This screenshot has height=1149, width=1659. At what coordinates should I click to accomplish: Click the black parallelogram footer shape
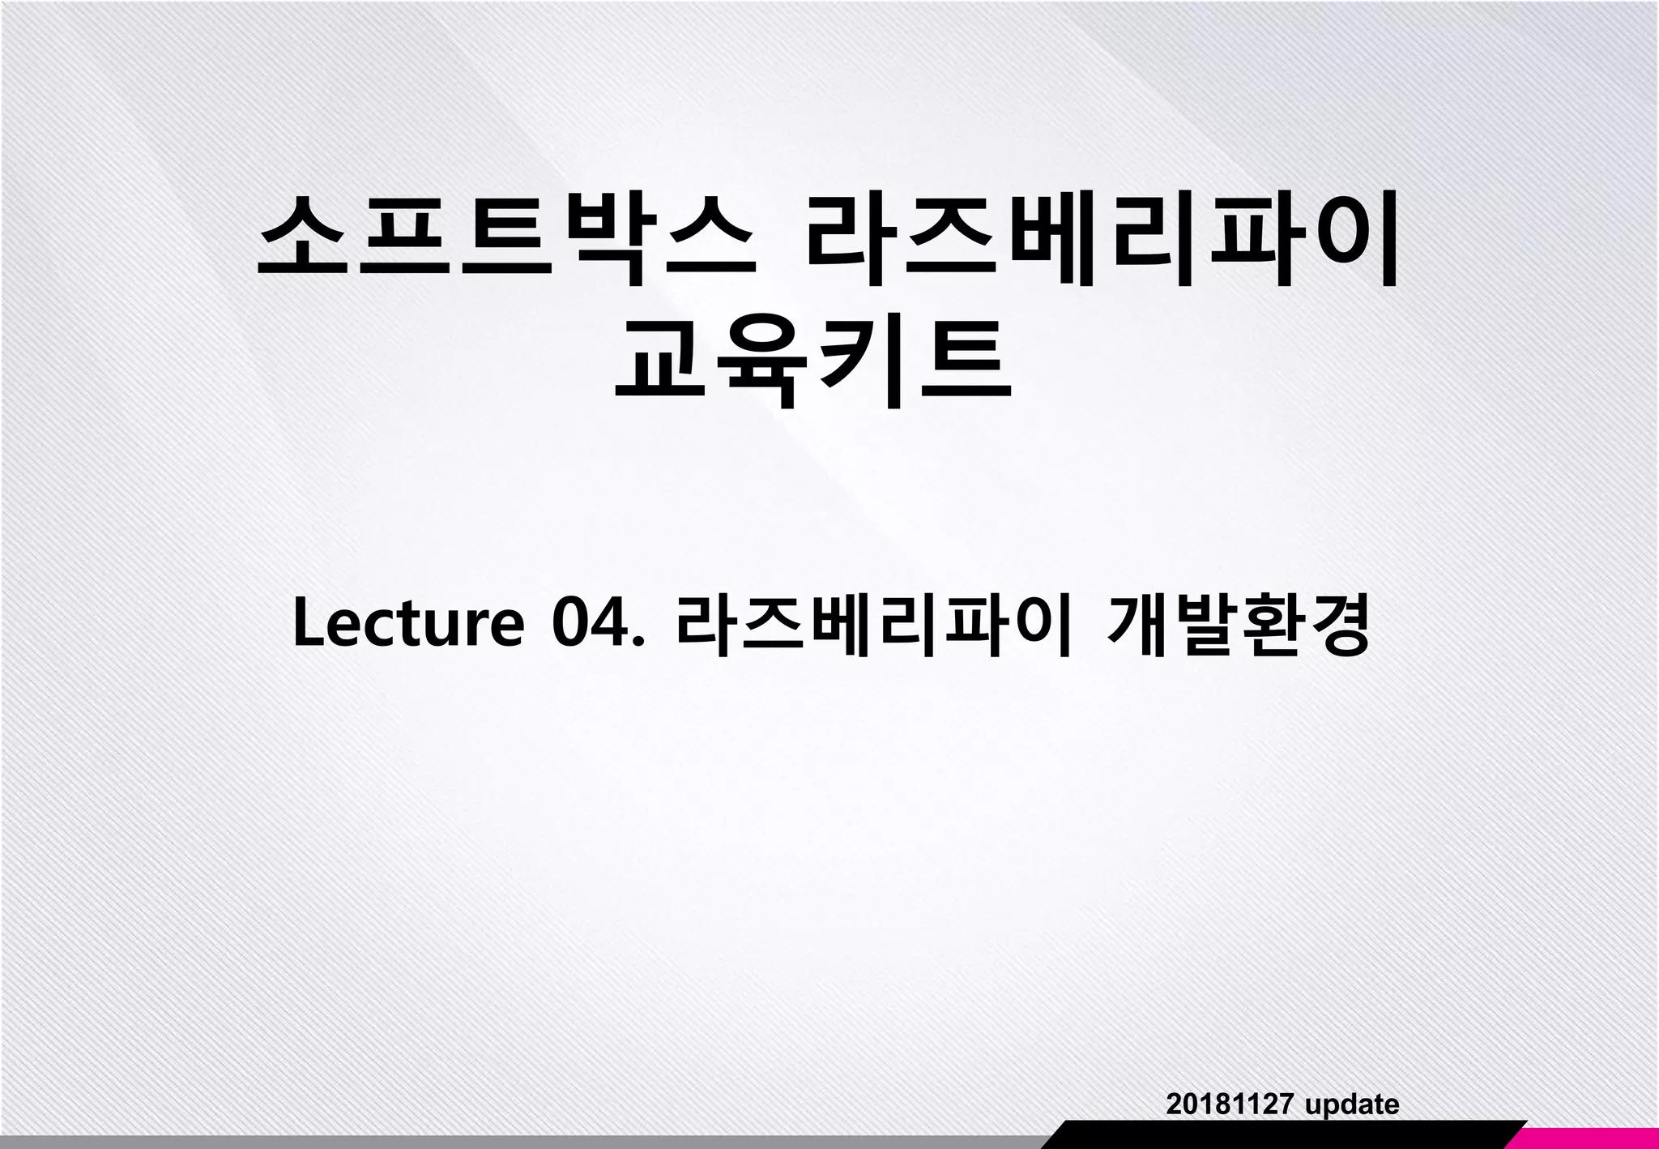click(1280, 1134)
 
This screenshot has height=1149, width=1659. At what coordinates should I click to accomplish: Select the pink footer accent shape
click(1588, 1134)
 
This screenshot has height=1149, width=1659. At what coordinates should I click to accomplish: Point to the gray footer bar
click(518, 1142)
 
